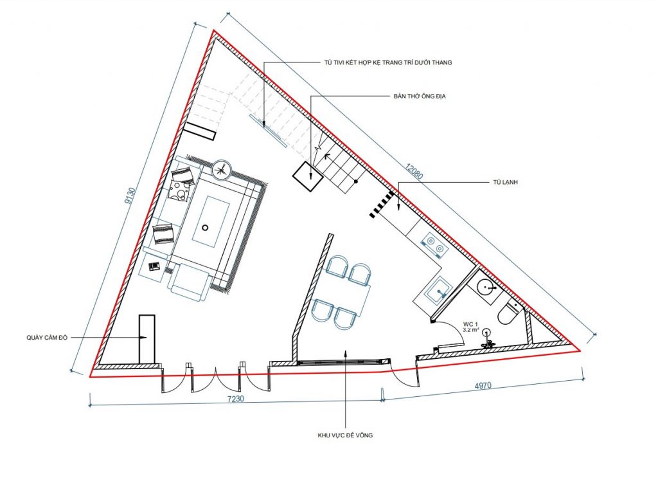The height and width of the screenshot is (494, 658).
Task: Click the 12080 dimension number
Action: pyautogui.click(x=414, y=171)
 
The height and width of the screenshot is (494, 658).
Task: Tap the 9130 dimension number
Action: pyautogui.click(x=130, y=196)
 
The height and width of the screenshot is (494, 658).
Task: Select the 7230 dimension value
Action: pyautogui.click(x=235, y=399)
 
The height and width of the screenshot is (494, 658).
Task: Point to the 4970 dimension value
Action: pyautogui.click(x=483, y=386)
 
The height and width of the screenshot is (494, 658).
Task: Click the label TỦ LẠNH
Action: pyautogui.click(x=505, y=182)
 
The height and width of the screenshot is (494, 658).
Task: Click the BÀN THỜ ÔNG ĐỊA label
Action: pyautogui.click(x=420, y=96)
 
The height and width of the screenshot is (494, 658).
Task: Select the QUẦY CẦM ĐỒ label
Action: pyautogui.click(x=47, y=337)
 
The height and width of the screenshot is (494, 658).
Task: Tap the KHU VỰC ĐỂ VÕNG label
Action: pyautogui.click(x=345, y=435)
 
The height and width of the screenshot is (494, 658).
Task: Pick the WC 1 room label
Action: pyautogui.click(x=470, y=324)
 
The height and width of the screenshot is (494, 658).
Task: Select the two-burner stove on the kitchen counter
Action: pyautogui.click(x=434, y=245)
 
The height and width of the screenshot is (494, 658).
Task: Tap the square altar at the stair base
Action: pyautogui.click(x=308, y=176)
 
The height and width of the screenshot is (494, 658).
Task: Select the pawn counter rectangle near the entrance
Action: pyautogui.click(x=147, y=339)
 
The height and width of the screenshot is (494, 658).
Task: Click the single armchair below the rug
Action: pyautogui.click(x=189, y=282)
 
